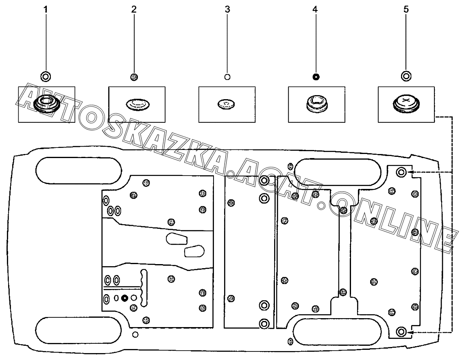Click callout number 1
coord(46,9)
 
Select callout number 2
coord(134,9)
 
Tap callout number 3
coord(227,9)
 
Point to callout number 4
coord(315,9)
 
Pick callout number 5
coord(406,9)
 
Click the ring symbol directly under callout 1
coord(46,76)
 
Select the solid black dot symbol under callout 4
coord(315,76)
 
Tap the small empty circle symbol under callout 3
coord(227,76)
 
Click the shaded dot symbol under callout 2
coord(134,76)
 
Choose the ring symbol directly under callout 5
coord(405,76)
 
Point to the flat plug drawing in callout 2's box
coord(137,104)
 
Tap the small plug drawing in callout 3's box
coord(227,104)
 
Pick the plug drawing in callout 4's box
coord(317,104)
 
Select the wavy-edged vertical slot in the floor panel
coord(143,288)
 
